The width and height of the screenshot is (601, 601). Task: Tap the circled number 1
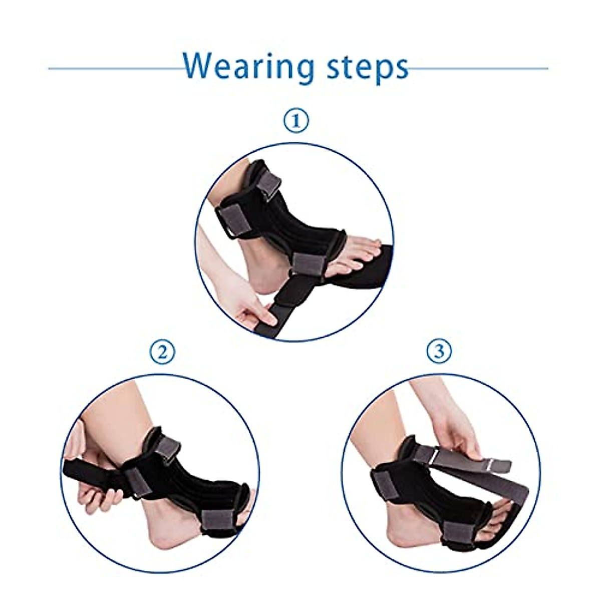297,122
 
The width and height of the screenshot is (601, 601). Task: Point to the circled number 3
439,352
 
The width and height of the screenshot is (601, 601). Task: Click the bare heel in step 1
260,285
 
